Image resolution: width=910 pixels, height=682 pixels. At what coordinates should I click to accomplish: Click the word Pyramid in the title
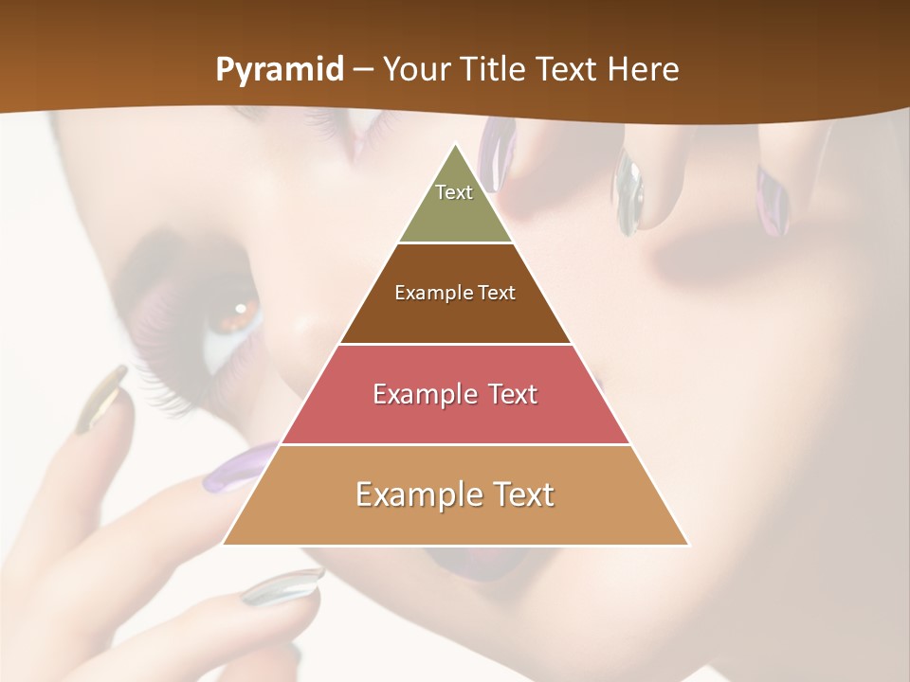pos(279,70)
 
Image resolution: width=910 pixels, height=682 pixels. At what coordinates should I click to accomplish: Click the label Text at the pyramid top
pos(454,192)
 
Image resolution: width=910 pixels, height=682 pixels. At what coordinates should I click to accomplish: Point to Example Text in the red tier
pos(455,394)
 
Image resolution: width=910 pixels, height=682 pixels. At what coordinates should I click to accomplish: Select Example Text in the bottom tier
pos(455,494)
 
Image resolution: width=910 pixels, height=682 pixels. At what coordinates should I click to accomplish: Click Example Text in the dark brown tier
pos(455,293)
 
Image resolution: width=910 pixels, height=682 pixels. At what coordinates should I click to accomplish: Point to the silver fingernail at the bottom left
pos(282,586)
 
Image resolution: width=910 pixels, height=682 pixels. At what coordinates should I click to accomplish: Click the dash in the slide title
pos(362,70)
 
